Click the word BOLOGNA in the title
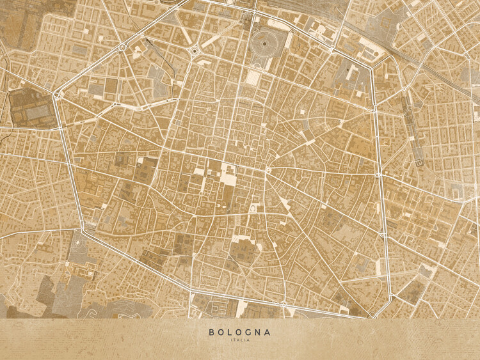[239, 332]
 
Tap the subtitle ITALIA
[239, 340]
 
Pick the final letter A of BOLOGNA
[268, 332]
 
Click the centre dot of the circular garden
[261, 44]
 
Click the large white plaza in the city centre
[227, 174]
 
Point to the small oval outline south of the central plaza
[254, 209]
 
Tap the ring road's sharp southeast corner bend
[371, 315]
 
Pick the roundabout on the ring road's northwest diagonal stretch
[122, 47]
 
